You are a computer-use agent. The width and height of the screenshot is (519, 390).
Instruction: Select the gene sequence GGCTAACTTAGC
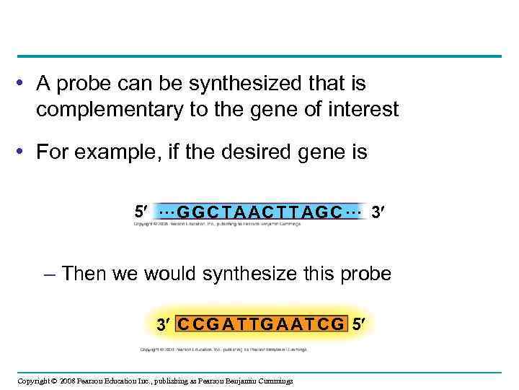[259, 212]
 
